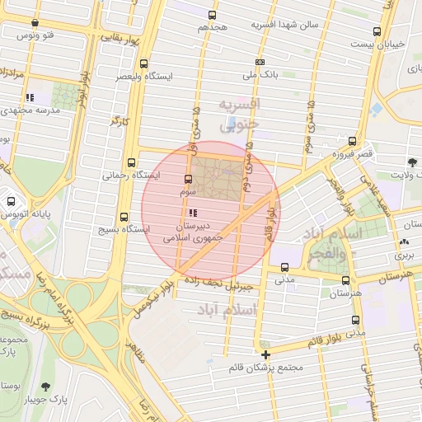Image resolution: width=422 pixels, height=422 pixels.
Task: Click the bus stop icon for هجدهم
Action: click(x=213, y=15)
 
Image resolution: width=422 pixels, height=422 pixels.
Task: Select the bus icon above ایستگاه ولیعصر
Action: click(x=144, y=63)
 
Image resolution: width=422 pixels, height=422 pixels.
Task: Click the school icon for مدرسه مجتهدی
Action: click(x=30, y=97)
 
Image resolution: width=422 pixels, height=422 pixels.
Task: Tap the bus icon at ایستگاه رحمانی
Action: click(x=132, y=162)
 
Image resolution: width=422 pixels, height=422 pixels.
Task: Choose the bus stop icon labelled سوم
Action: click(x=189, y=179)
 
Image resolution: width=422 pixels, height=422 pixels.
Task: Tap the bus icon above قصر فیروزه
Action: click(x=353, y=141)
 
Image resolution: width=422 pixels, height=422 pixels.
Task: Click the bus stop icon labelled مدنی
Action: click(x=284, y=267)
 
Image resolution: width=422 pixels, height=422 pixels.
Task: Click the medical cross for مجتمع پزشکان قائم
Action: click(x=265, y=354)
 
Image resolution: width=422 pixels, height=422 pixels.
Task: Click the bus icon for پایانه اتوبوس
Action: click(x=11, y=200)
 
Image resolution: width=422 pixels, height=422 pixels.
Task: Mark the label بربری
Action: click(x=404, y=256)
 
